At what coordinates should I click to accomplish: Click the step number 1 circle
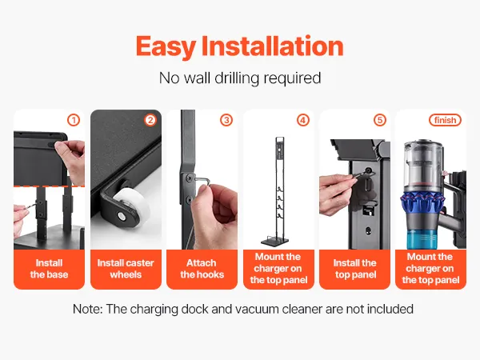74,120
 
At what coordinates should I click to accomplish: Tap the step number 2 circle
150,120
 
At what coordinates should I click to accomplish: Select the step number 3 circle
226,120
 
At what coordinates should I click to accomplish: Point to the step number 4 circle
303,120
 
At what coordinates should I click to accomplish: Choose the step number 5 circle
379,120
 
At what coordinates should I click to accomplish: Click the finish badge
445,120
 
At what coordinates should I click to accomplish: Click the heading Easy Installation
240,46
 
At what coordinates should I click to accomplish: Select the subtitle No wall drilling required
240,78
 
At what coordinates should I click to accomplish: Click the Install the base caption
49,269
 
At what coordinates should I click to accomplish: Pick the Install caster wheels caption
126,269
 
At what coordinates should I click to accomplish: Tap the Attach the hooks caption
202,269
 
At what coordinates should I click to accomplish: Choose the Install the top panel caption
355,269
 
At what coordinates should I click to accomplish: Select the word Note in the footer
87,309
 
